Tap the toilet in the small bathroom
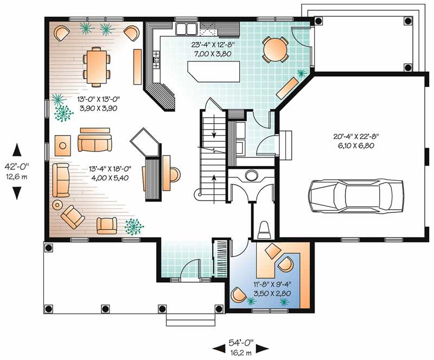[x=264, y=230]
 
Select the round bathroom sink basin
[x=251, y=175]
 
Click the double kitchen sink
[x=187, y=28]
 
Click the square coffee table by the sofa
[x=63, y=145]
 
